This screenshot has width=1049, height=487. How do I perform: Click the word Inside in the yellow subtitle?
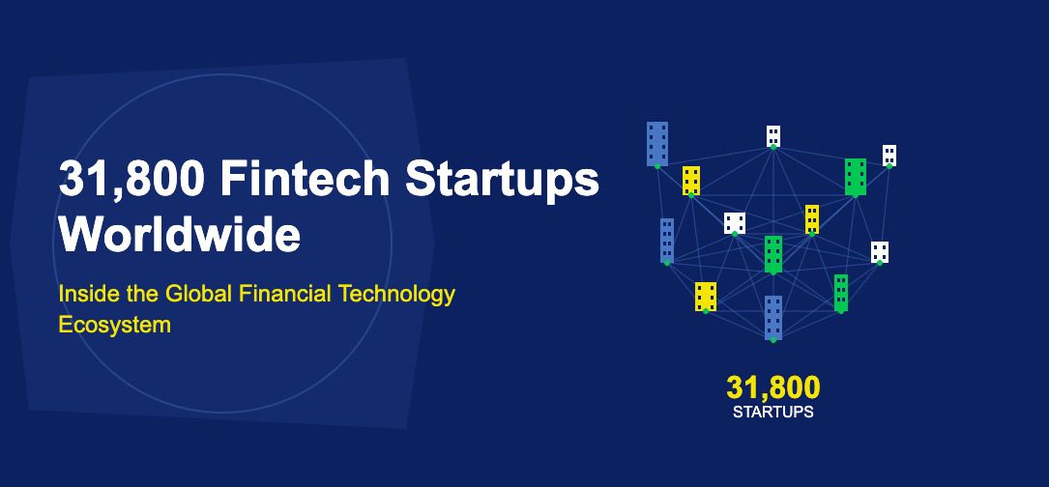coord(87,294)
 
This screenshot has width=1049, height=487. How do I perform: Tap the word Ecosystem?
coord(114,325)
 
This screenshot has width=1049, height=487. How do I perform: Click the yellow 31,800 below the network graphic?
coord(772,388)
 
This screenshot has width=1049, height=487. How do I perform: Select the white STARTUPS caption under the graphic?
coord(772,412)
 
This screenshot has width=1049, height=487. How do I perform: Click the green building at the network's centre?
coord(773,254)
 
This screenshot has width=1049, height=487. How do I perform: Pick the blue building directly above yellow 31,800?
coord(773,318)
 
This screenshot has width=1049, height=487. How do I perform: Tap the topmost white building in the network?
coord(773,136)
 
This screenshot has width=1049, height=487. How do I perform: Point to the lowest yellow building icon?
coord(705,297)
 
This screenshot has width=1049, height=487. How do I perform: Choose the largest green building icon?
coord(855,177)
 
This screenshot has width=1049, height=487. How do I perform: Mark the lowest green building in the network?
coord(841,293)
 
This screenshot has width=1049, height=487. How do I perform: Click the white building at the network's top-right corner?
coord(889,156)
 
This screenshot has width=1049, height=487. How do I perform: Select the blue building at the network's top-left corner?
coord(657,143)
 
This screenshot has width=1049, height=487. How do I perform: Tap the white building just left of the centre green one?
coord(735,223)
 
